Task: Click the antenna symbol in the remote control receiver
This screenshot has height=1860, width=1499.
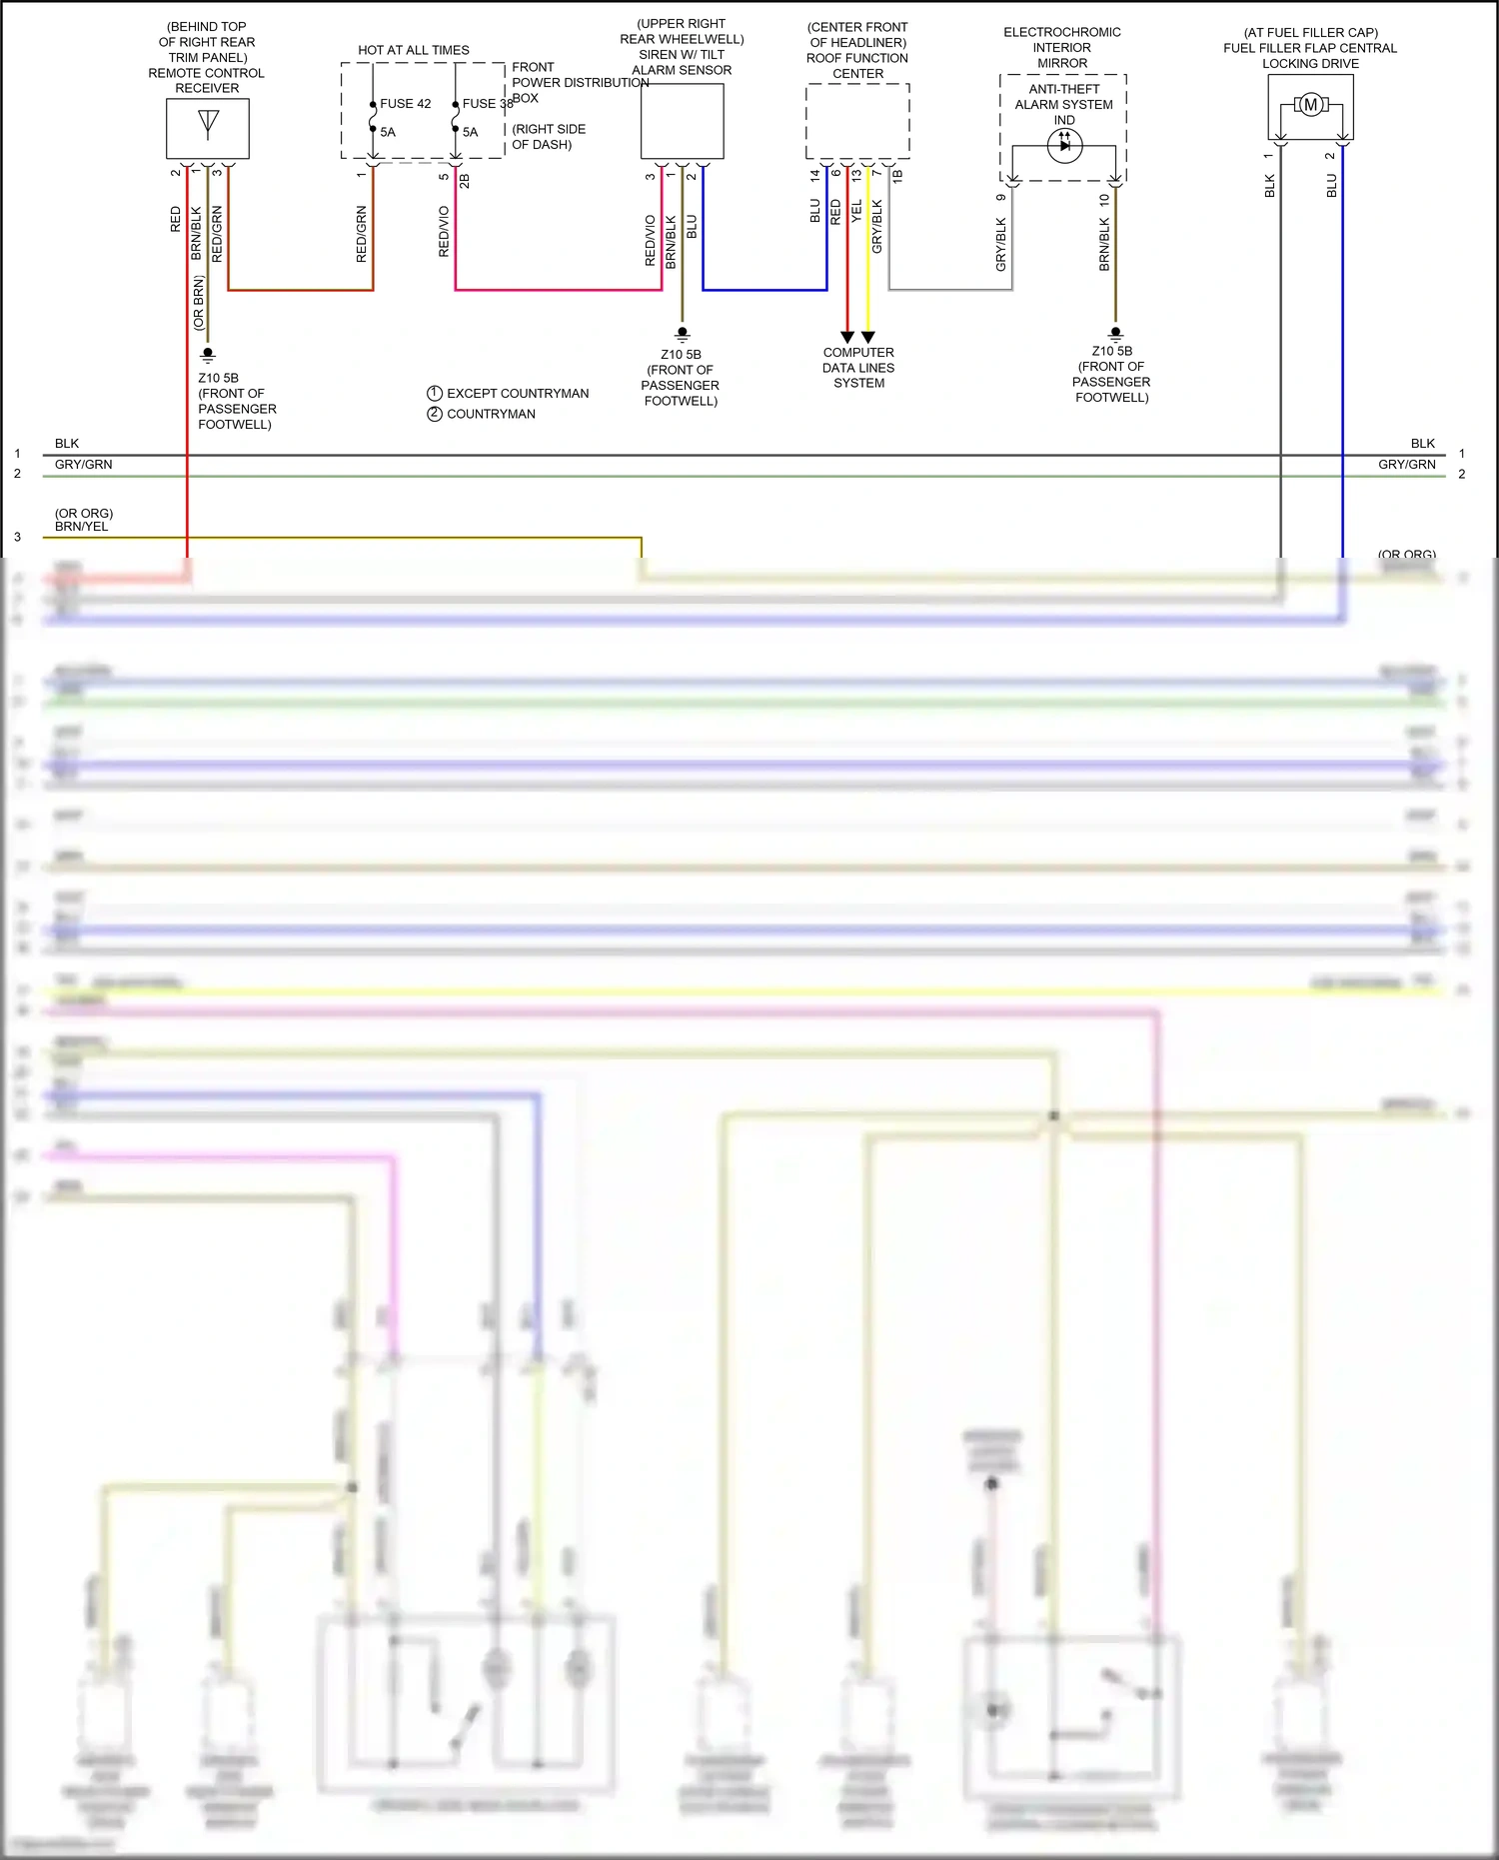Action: (x=208, y=122)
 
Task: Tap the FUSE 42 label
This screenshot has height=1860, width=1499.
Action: (x=405, y=104)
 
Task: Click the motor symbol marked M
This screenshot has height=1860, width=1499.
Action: (x=1310, y=105)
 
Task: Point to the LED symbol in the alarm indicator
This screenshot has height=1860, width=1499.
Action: (x=1064, y=146)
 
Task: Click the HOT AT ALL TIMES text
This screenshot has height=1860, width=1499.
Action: (x=414, y=50)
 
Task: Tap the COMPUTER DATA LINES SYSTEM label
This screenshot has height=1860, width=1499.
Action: (x=858, y=368)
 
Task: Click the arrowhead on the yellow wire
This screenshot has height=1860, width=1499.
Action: (x=868, y=337)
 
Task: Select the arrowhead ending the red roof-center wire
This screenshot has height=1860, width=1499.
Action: (x=847, y=337)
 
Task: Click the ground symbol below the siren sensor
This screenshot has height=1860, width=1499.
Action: (x=683, y=334)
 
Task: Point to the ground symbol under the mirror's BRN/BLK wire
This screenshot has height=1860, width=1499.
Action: (x=1116, y=334)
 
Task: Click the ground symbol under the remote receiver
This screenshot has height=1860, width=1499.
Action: (x=208, y=354)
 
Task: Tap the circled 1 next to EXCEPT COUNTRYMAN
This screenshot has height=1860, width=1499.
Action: (x=435, y=394)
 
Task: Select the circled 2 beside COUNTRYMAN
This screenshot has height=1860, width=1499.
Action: (x=435, y=414)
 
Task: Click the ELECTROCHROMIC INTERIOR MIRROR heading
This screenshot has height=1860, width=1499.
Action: (x=1062, y=48)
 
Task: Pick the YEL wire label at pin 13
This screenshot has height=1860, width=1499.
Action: (x=856, y=212)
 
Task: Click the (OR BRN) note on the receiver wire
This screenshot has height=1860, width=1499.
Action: (x=199, y=302)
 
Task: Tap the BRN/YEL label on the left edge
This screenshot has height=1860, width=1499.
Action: (x=82, y=527)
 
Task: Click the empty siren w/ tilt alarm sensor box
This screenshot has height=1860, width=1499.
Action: (x=683, y=121)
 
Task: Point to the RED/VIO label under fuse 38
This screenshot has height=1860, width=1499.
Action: (x=445, y=232)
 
